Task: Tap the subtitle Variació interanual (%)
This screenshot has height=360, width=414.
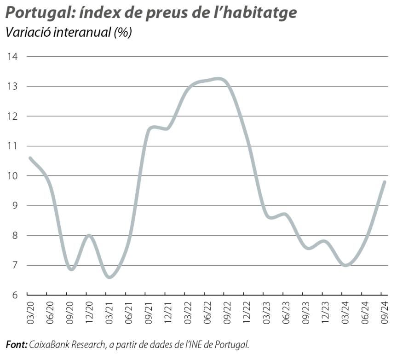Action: (x=69, y=33)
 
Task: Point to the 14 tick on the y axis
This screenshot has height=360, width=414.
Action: (x=12, y=57)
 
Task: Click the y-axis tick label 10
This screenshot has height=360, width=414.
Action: (x=12, y=176)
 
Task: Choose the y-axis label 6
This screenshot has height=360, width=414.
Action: (x=14, y=295)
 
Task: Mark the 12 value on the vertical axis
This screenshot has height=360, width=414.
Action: (x=12, y=116)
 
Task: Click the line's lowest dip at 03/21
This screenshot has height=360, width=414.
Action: (x=109, y=277)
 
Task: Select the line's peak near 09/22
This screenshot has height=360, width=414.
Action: (x=220, y=79)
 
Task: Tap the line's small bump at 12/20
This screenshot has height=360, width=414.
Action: (x=89, y=236)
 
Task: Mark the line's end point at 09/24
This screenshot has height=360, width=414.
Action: (x=384, y=182)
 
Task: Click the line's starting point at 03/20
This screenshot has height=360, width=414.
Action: (x=30, y=158)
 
